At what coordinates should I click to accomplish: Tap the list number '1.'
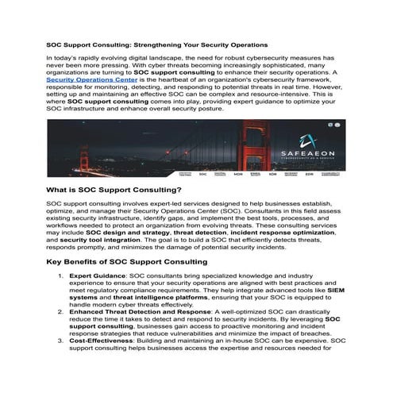coord(61,275)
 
